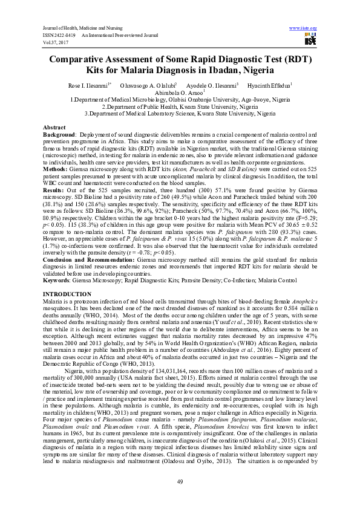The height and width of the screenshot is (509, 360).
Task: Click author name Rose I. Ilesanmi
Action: click(91, 85)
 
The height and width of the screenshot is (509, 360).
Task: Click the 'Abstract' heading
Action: click(54, 128)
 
